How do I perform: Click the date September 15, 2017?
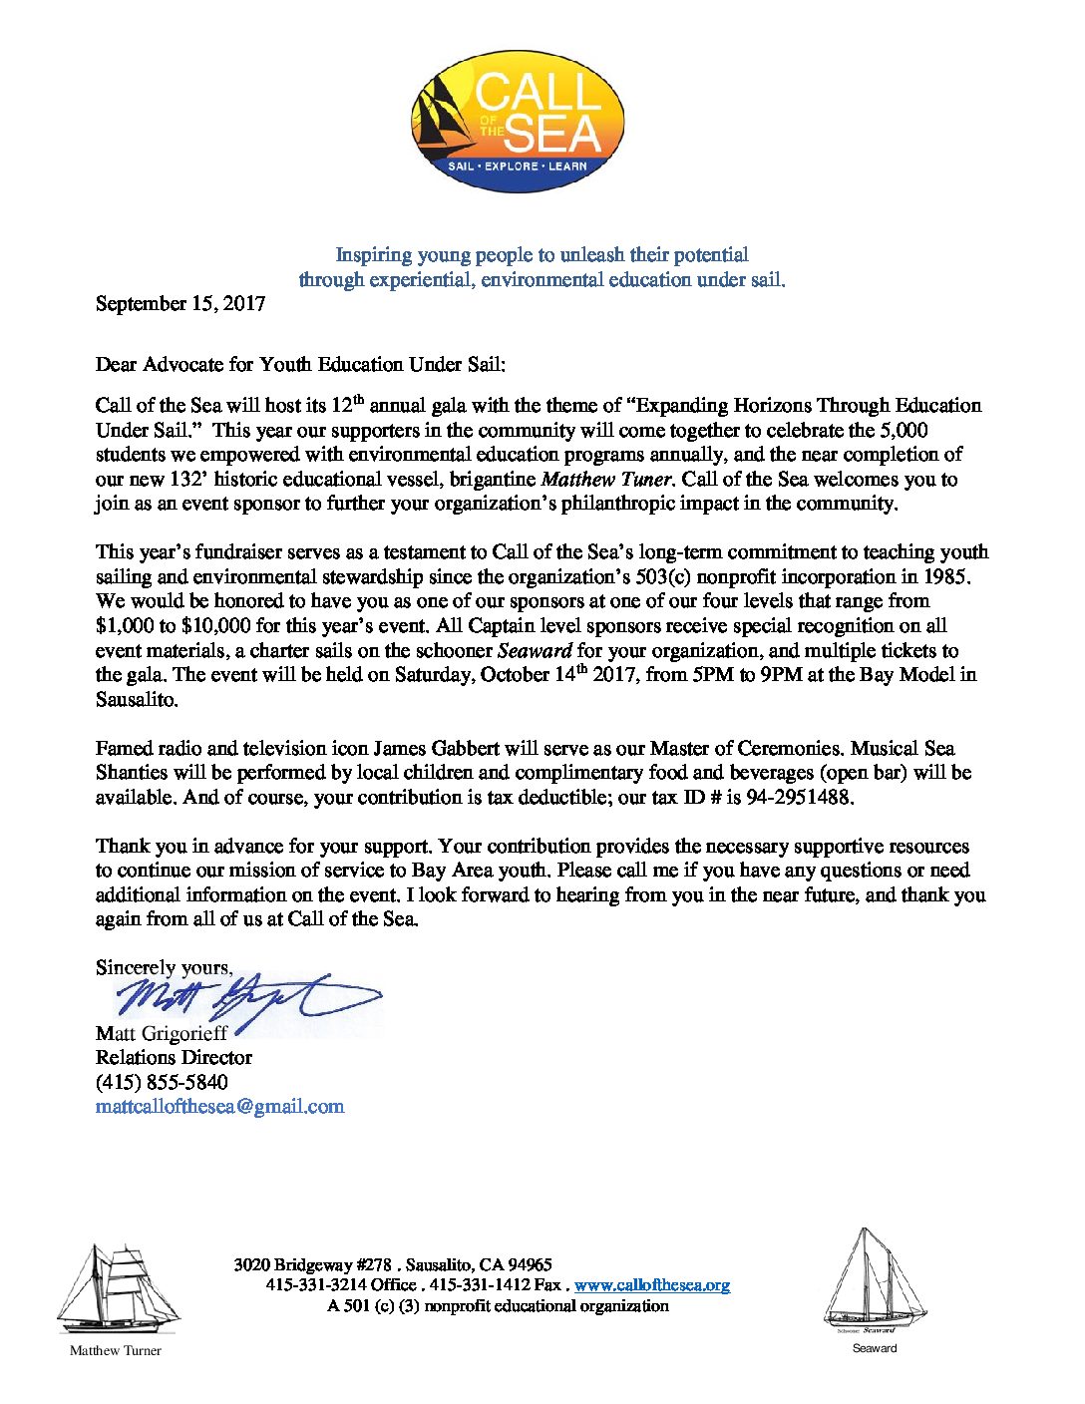coord(181,304)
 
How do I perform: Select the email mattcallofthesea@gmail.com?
coord(219,1106)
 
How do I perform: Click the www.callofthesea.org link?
coord(652,1285)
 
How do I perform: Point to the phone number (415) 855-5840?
coord(162,1082)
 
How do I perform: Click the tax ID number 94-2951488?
coord(800,798)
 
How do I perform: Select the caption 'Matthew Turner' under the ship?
coord(115,1351)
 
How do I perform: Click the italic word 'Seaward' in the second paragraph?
coord(535,650)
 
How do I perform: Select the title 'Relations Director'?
coord(174,1057)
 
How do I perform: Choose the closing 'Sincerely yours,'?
coord(164,967)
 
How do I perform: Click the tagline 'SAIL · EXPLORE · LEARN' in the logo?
coord(518,166)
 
